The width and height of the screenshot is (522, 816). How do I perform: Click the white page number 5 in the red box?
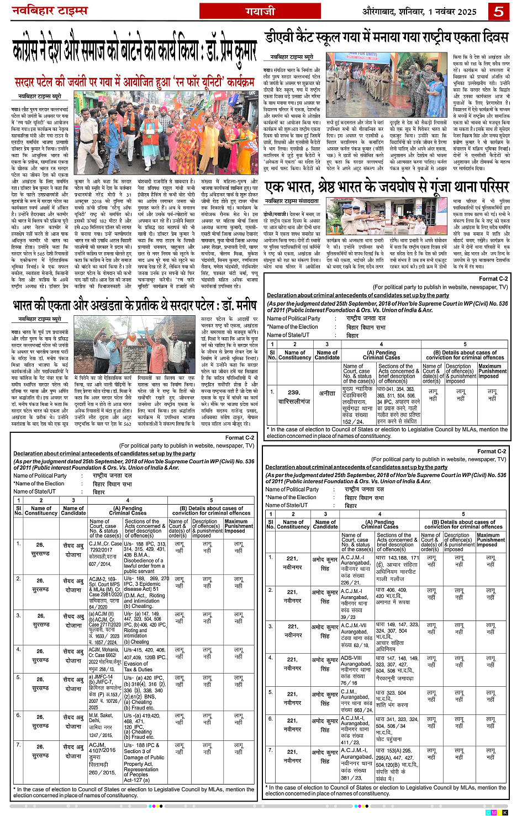[x=499, y=11]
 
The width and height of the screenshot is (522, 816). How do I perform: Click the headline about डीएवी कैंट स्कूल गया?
[x=386, y=38]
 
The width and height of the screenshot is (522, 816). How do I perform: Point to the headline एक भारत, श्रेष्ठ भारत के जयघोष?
[x=386, y=186]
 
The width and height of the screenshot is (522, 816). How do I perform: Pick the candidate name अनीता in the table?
[x=327, y=393]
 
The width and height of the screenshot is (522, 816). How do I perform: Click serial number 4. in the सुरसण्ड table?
[x=19, y=649]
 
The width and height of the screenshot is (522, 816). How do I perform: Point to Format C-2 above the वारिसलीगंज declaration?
[x=493, y=279]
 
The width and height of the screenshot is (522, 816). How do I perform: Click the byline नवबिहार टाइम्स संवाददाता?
[x=291, y=201]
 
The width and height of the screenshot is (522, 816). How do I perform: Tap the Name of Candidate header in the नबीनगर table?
[x=325, y=524]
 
